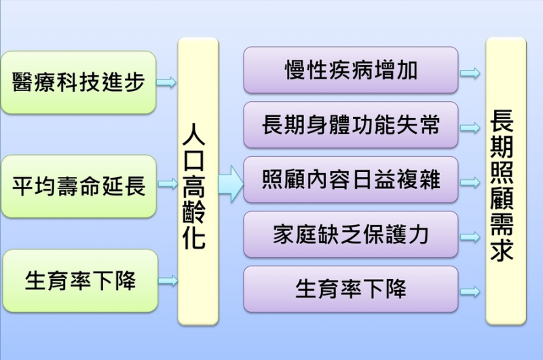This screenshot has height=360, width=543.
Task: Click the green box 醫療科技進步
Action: point(79,82)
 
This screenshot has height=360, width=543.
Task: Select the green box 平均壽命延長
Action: point(79,185)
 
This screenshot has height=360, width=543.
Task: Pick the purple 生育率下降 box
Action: point(350,289)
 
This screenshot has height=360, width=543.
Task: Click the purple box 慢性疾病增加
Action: point(350,70)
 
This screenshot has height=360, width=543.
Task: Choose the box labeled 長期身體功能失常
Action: point(350,125)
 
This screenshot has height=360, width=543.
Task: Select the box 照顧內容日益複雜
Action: point(350,179)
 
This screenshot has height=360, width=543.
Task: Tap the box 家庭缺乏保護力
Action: point(350,234)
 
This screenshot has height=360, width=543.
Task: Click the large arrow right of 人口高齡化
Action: point(231,183)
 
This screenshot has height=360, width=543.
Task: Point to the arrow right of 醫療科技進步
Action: point(167,83)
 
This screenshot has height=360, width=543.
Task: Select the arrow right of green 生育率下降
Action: point(167,281)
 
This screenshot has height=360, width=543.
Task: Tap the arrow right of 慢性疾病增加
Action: point(470,73)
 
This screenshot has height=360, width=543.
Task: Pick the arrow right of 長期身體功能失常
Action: point(470,127)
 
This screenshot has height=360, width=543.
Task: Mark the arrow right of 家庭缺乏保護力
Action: point(470,237)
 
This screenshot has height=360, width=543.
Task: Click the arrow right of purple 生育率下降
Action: point(470,292)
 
